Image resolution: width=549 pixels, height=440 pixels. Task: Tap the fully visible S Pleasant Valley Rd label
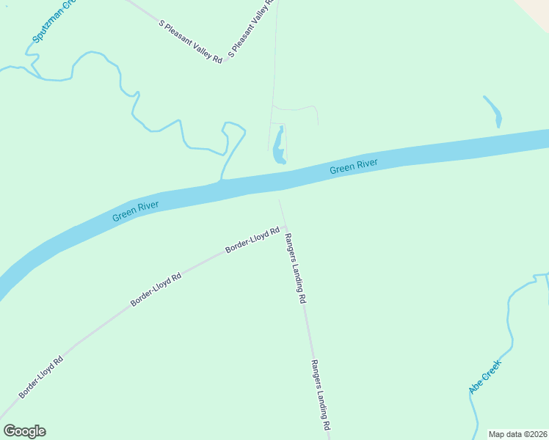click(190, 41)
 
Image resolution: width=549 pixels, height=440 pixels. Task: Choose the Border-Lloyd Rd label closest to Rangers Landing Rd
click(252, 241)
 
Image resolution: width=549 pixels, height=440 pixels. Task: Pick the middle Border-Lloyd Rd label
click(156, 290)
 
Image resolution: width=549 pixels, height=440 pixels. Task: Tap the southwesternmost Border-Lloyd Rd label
click(41, 376)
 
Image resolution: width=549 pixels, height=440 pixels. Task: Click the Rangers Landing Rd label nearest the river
click(295, 268)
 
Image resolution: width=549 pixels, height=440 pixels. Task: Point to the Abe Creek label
click(485, 377)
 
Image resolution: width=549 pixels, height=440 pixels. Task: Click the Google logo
click(24, 431)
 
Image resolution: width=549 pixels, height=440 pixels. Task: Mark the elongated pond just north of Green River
click(279, 146)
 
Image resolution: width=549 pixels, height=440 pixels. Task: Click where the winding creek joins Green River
click(221, 180)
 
